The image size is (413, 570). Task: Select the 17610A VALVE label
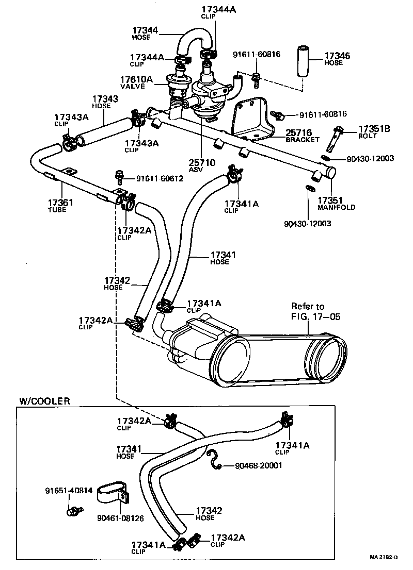point(137,83)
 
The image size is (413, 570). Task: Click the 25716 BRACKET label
point(303,136)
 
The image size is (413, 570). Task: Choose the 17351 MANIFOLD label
point(336,203)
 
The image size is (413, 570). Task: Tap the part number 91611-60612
point(159,179)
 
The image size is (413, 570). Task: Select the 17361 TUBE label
point(60,206)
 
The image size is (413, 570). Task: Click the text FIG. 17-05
point(315,316)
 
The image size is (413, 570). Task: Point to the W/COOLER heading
point(44,400)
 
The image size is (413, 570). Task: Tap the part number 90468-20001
point(258,465)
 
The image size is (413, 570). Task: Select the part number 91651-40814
point(69,491)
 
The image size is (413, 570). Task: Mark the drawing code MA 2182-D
point(385,557)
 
